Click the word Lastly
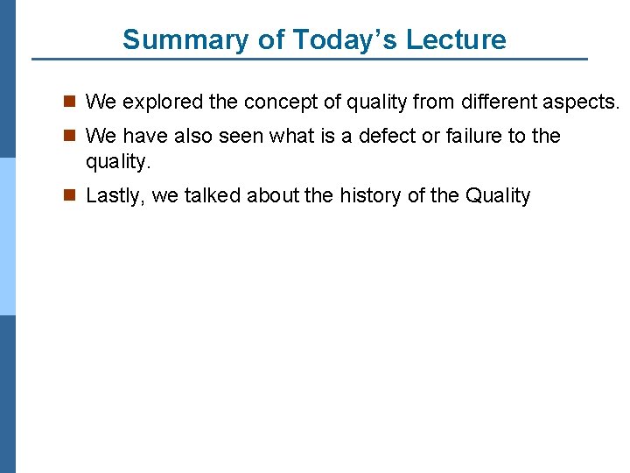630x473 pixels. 115,196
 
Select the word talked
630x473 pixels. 213,196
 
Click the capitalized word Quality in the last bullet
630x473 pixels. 498,196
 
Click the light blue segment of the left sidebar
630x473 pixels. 7,236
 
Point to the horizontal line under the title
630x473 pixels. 310,60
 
